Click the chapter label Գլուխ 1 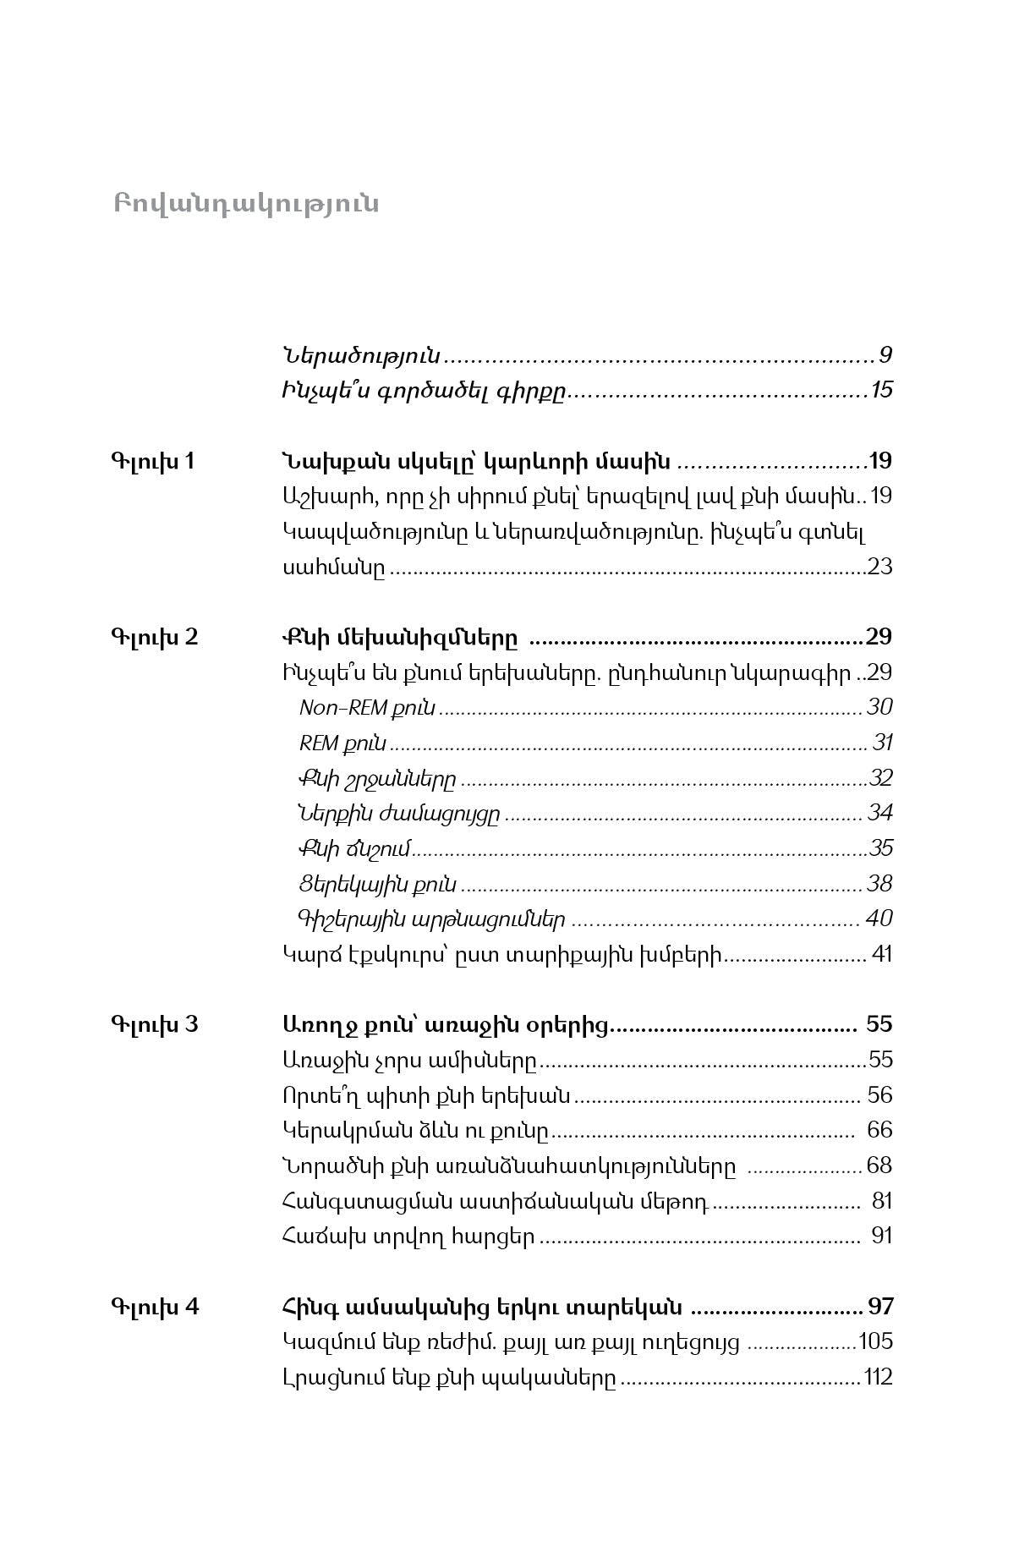coord(152,462)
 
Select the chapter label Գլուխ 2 coord(154,637)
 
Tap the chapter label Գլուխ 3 coord(154,1025)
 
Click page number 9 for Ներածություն coord(885,354)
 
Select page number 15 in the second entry coord(882,391)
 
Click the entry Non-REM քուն coord(367,708)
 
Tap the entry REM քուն coord(342,743)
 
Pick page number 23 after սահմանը coord(879,567)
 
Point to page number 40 coord(879,919)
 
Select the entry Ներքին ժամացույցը coord(399,814)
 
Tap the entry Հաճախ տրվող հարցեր coord(408,1237)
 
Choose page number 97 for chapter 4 coord(880,1307)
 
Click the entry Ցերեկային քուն coord(377,885)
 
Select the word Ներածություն coord(361,355)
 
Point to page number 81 coord(881,1201)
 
